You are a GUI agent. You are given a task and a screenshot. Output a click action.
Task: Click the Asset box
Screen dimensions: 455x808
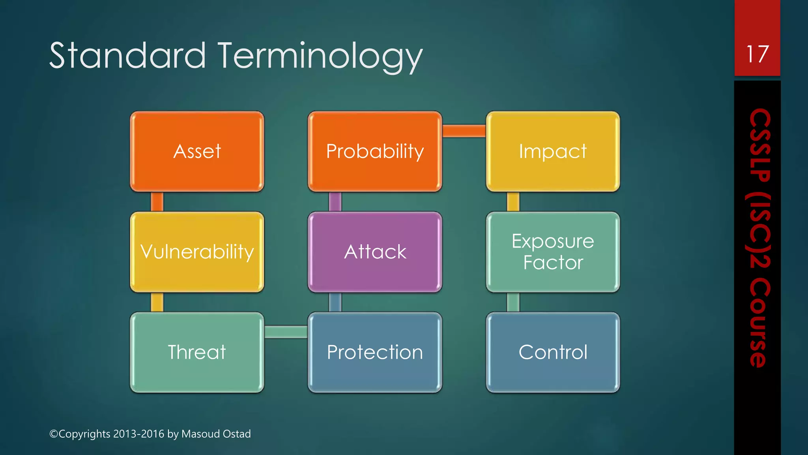point(197,152)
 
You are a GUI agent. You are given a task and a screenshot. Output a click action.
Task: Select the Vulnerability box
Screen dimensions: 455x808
point(197,252)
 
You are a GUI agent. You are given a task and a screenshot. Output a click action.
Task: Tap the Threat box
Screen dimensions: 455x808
point(197,352)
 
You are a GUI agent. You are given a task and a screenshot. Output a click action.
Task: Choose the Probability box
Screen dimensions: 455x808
point(375,152)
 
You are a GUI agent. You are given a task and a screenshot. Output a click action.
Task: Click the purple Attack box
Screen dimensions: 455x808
point(375,252)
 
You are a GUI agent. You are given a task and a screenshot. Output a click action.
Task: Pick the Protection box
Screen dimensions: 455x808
point(375,352)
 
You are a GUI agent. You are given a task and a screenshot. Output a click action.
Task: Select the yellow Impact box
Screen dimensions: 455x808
point(553,152)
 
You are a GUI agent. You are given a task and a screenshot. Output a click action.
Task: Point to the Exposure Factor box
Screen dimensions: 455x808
point(553,252)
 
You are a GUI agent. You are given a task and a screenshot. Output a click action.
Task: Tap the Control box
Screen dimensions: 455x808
point(553,352)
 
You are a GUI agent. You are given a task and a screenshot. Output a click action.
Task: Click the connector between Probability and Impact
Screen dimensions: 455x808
point(464,131)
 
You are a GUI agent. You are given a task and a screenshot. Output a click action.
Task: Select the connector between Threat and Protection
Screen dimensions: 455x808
point(286,332)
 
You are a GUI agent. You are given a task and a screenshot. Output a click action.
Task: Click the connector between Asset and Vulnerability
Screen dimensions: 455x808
point(157,202)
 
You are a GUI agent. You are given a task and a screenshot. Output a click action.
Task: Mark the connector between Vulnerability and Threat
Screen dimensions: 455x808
point(157,302)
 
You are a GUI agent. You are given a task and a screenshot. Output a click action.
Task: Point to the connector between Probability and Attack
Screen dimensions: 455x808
point(335,202)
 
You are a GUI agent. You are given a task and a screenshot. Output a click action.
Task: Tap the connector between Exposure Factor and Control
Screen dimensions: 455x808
point(513,302)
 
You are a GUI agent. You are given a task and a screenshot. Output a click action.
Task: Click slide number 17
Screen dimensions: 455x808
point(757,54)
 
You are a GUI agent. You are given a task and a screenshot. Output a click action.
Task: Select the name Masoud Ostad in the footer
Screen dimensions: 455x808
point(216,434)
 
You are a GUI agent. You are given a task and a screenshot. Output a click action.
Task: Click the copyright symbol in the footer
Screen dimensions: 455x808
point(54,434)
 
